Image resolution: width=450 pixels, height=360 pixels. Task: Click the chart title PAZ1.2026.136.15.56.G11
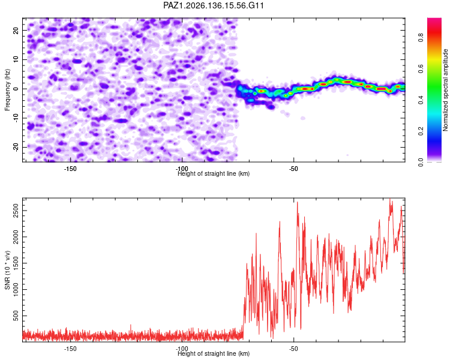pyautogui.click(x=213, y=5)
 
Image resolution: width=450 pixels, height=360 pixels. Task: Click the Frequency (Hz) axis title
pyautogui.click(x=7, y=89)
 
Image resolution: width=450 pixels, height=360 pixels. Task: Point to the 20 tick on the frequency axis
pyautogui.click(x=16, y=30)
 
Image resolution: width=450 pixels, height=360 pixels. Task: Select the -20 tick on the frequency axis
pyautogui.click(x=16, y=147)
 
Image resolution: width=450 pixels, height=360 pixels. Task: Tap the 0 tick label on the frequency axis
pyautogui.click(x=16, y=89)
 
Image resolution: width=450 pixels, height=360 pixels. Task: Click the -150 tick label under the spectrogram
pyautogui.click(x=70, y=169)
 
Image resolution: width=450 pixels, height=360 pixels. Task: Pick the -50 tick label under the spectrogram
pyautogui.click(x=293, y=169)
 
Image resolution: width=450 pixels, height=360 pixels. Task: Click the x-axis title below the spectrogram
pyautogui.click(x=214, y=173)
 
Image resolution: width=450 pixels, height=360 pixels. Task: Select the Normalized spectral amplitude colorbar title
pyautogui.click(x=445, y=90)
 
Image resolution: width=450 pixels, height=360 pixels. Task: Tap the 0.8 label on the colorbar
pyautogui.click(x=421, y=38)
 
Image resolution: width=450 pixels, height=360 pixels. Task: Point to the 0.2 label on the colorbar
pyautogui.click(x=421, y=131)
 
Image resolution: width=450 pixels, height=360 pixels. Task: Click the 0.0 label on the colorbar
pyautogui.click(x=421, y=162)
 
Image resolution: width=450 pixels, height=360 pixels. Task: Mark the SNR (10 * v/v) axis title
pyautogui.click(x=7, y=270)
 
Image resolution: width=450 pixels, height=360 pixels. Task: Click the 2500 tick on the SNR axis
pyautogui.click(x=16, y=211)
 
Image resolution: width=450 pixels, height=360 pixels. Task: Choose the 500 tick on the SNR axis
pyautogui.click(x=16, y=316)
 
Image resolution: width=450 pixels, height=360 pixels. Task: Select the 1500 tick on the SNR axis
pyautogui.click(x=16, y=263)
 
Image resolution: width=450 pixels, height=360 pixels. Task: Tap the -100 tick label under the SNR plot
pyautogui.click(x=182, y=349)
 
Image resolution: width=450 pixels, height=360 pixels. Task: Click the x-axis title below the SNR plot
pyautogui.click(x=214, y=353)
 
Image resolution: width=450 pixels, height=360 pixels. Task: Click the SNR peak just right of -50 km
pyautogui.click(x=298, y=202)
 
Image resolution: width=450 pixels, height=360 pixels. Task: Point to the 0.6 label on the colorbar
pyautogui.click(x=421, y=68)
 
